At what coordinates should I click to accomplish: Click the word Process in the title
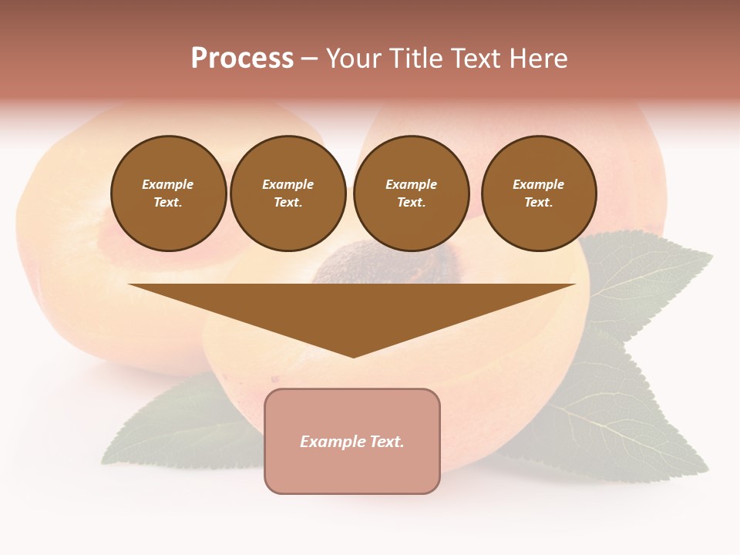point(242,59)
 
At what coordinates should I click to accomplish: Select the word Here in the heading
point(537,59)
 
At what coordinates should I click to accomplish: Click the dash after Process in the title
point(310,59)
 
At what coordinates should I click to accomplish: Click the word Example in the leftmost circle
point(168,184)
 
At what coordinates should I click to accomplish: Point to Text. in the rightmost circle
point(539,202)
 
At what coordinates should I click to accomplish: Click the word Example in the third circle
point(411,184)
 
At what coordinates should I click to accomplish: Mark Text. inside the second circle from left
point(288,202)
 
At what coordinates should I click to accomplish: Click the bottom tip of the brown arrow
point(353,355)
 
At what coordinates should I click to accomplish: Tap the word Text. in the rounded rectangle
point(385,442)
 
